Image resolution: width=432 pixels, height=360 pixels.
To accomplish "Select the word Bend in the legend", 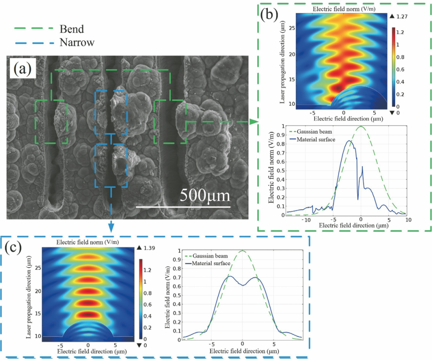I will pos(72,29).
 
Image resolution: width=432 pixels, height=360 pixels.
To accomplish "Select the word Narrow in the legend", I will pos(77,42).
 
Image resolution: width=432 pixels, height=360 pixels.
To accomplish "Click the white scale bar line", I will pos(183,207).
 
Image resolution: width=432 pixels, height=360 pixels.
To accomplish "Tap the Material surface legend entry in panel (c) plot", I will pos(211,263).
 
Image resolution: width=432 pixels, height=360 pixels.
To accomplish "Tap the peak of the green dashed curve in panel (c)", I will pos(242,251).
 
